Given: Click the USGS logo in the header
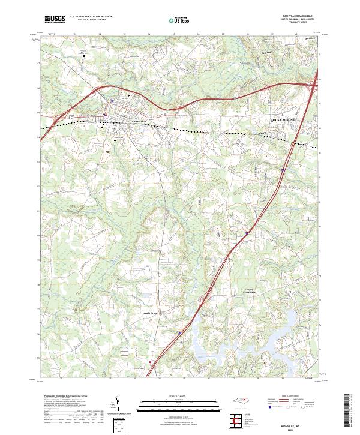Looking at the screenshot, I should [55, 19].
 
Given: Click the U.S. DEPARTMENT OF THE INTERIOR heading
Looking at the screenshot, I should [91, 17].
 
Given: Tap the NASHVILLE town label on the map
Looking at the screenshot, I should [139, 122].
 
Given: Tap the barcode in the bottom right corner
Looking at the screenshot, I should [348, 413].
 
